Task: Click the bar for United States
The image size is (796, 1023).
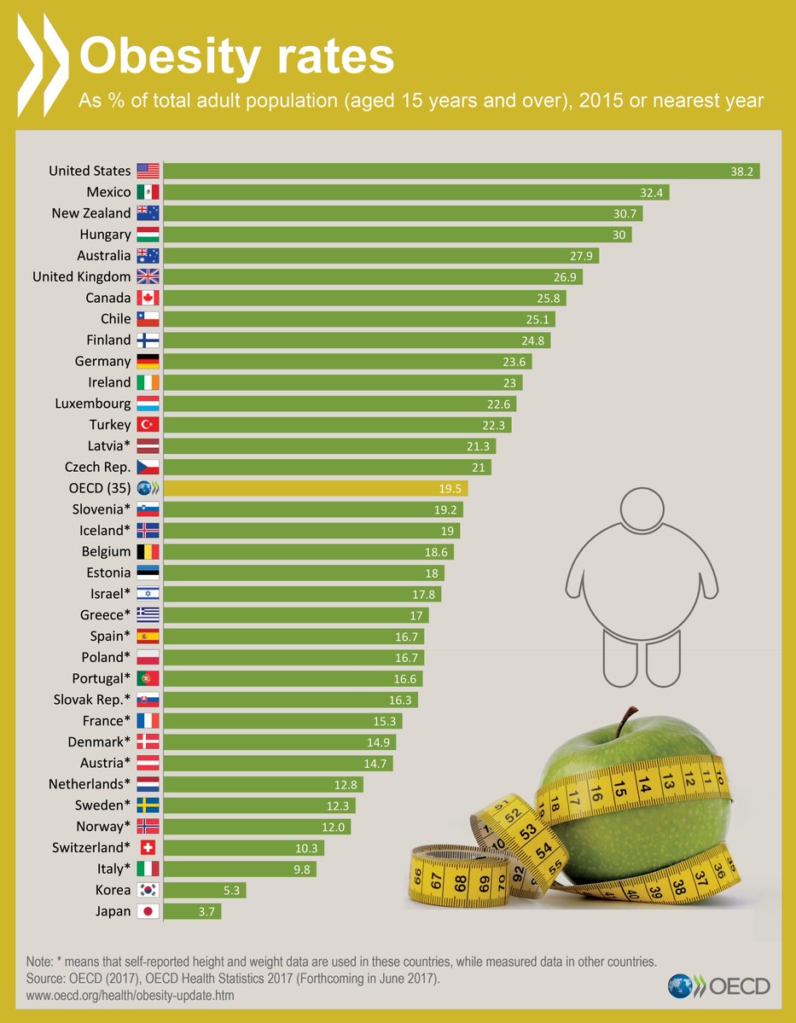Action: (461, 171)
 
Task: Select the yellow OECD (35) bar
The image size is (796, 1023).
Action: (315, 488)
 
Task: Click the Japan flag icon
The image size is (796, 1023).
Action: (148, 911)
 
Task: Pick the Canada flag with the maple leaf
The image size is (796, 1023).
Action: (148, 298)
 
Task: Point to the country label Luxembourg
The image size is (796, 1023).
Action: (93, 404)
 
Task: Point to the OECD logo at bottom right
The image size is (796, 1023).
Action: (719, 986)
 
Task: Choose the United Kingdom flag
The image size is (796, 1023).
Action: (148, 276)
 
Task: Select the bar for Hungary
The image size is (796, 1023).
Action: (397, 235)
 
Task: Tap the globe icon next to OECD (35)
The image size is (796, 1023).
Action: (148, 488)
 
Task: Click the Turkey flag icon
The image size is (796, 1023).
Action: (148, 425)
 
